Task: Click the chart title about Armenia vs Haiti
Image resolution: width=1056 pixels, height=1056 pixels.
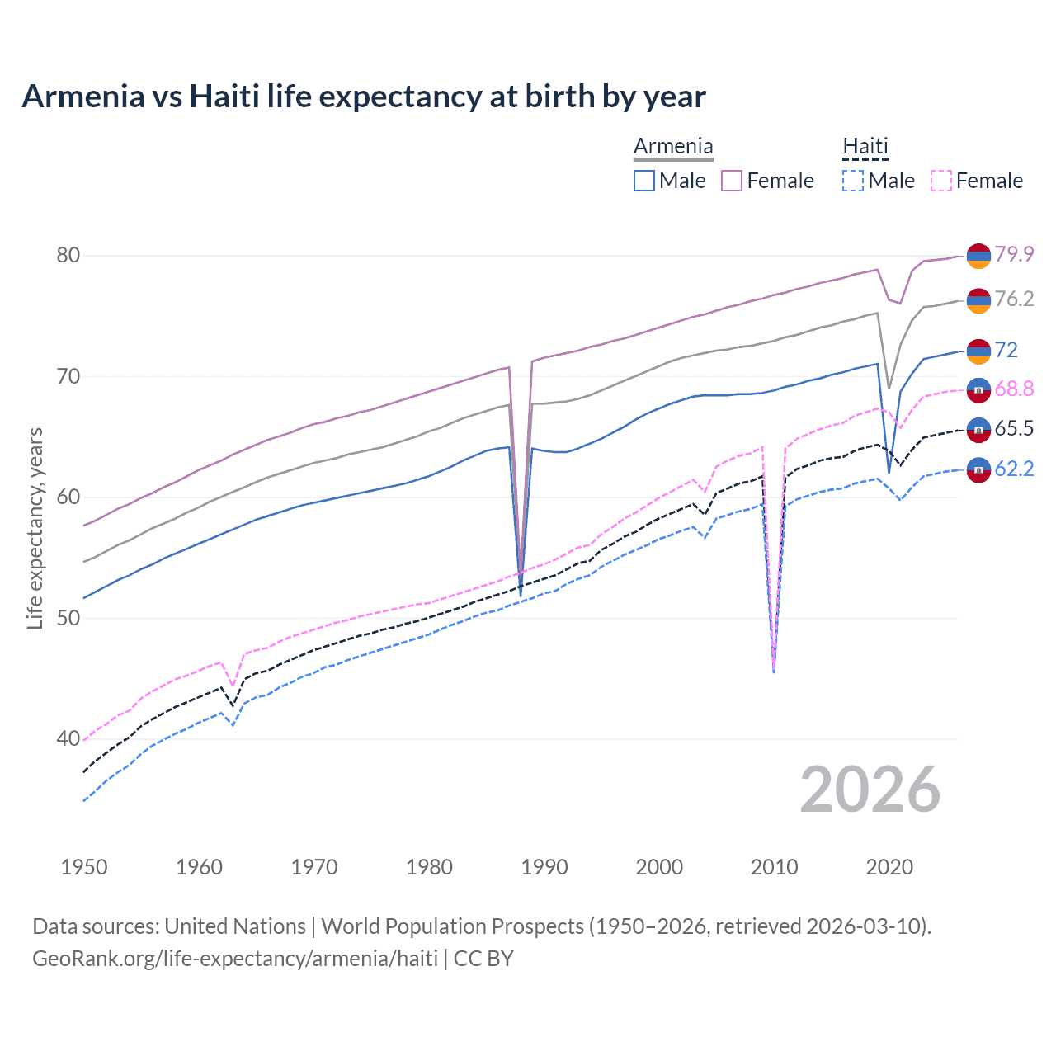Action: click(364, 97)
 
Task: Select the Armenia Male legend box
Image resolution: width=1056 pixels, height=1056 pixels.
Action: click(644, 181)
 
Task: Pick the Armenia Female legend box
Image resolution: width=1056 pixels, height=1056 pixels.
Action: click(732, 181)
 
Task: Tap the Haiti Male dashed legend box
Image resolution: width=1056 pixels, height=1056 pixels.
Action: click(853, 181)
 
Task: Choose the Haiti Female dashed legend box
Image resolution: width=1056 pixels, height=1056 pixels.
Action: click(941, 181)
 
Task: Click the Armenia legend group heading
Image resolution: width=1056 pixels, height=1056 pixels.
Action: click(673, 147)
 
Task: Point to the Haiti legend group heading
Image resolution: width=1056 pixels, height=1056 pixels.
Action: click(865, 147)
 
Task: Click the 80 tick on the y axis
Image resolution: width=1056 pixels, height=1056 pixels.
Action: click(68, 256)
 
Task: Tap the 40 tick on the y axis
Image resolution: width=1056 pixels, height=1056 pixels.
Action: click(68, 738)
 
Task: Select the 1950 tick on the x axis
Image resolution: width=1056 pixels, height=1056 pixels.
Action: click(84, 867)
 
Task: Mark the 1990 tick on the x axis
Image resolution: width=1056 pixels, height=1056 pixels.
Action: click(544, 867)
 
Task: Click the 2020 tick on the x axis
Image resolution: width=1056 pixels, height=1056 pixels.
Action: click(889, 867)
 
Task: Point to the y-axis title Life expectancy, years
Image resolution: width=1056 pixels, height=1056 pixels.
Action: click(35, 528)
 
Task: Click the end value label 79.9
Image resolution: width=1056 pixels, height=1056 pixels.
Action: click(1014, 254)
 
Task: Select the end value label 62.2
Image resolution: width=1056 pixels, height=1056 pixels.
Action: click(1014, 469)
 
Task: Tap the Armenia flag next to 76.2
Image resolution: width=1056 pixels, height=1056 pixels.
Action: click(978, 300)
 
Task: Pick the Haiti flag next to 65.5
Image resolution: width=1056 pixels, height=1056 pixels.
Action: click(978, 429)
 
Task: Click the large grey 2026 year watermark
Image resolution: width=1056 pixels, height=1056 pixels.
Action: click(870, 790)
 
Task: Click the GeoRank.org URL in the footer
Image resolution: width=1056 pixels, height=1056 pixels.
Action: click(235, 959)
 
